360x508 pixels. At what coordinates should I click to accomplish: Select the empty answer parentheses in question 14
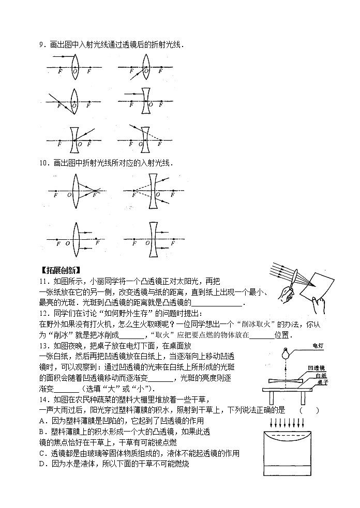[x=308, y=411]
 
